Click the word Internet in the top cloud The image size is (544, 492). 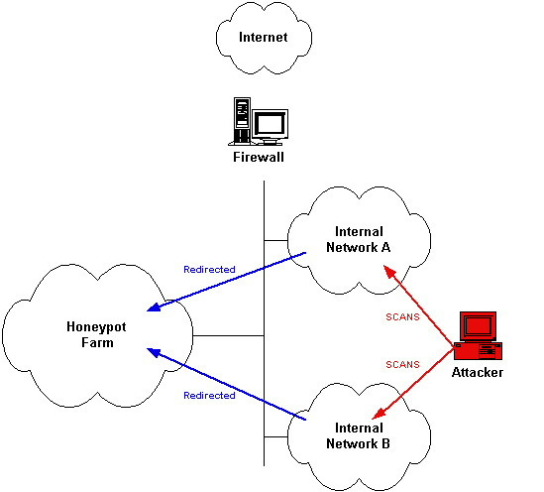pyautogui.click(x=264, y=37)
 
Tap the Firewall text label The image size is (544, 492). pyautogui.click(x=259, y=157)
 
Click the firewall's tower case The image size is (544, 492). pyautogui.click(x=242, y=121)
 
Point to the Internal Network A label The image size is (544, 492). pyautogui.click(x=359, y=240)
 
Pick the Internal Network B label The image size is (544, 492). pyautogui.click(x=359, y=435)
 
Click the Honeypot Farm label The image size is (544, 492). pyautogui.click(x=96, y=334)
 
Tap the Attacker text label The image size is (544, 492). pyautogui.click(x=478, y=373)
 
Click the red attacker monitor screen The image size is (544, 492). pyautogui.click(x=478, y=326)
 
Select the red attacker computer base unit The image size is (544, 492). pyautogui.click(x=478, y=351)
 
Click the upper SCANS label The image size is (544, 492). pyautogui.click(x=402, y=317)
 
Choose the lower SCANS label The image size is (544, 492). pyautogui.click(x=402, y=365)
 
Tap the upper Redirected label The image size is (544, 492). pyautogui.click(x=209, y=270)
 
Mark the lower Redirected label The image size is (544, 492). pyautogui.click(x=209, y=396)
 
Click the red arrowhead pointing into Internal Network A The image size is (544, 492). pyautogui.click(x=389, y=272)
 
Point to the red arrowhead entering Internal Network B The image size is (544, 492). pyautogui.click(x=379, y=414)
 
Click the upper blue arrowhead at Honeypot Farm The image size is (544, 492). pyautogui.click(x=154, y=307)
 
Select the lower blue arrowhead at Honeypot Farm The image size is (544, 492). pyautogui.click(x=154, y=352)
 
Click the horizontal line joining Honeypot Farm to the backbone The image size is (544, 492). pyautogui.click(x=228, y=335)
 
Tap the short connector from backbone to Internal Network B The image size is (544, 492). pyautogui.click(x=276, y=436)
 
